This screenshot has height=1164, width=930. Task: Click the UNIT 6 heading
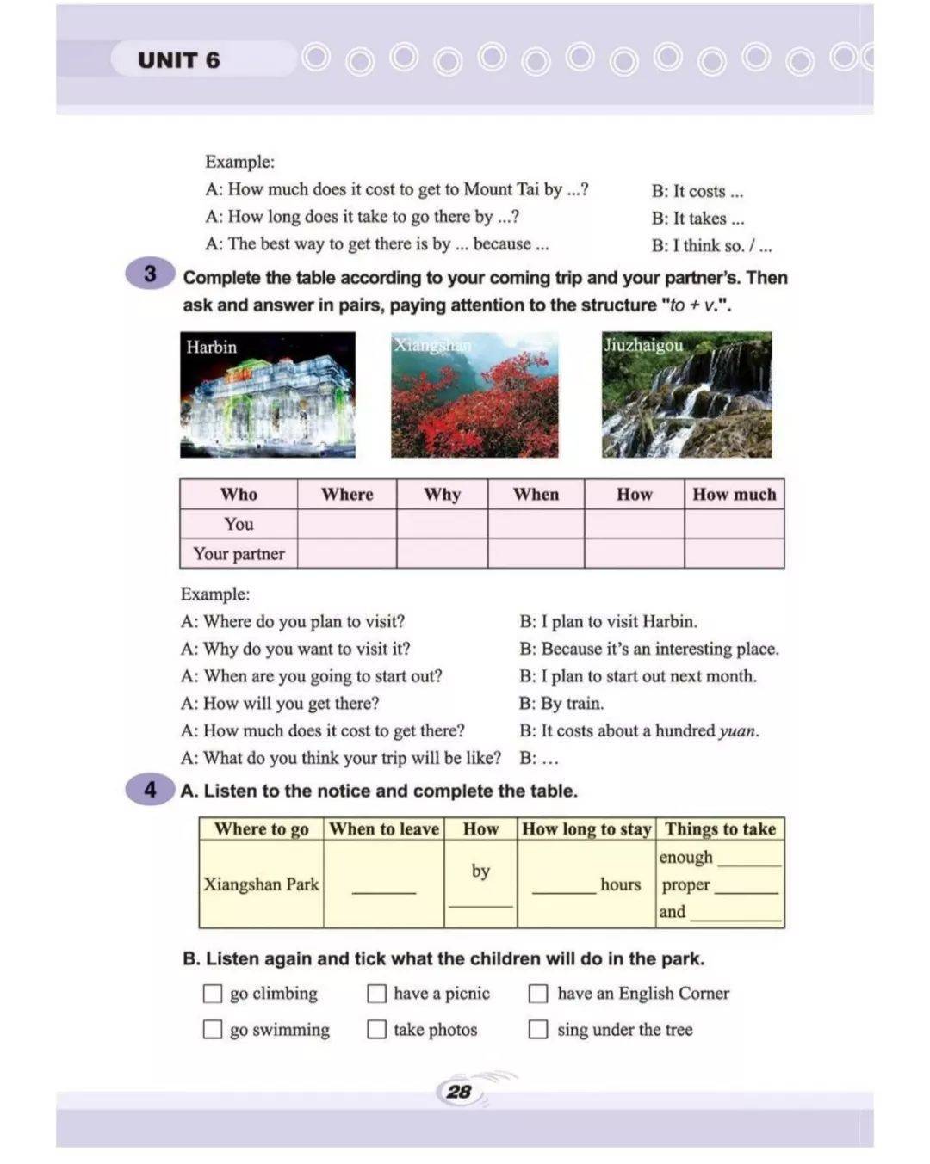[178, 60]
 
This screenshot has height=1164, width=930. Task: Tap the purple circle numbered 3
[150, 274]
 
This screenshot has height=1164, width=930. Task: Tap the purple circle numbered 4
[150, 790]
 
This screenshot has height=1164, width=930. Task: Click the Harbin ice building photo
[268, 395]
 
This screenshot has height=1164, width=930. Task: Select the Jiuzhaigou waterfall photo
[686, 395]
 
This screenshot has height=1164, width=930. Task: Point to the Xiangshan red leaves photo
[474, 395]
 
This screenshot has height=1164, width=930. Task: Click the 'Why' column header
[442, 495]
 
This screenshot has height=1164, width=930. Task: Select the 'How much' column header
[734, 495]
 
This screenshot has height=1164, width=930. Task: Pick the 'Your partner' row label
[239, 554]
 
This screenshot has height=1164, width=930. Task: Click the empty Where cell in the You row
[347, 524]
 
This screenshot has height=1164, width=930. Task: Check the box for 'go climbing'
[213, 994]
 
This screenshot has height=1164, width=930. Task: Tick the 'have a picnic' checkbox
[376, 994]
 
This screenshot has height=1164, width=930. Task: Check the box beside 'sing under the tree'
[538, 1029]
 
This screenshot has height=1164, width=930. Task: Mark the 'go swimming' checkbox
[213, 1029]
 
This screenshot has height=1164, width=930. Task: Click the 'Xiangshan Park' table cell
[261, 884]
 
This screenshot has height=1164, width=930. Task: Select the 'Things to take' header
[720, 829]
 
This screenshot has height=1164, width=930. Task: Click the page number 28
[460, 1092]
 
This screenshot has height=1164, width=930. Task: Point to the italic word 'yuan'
[738, 731]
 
